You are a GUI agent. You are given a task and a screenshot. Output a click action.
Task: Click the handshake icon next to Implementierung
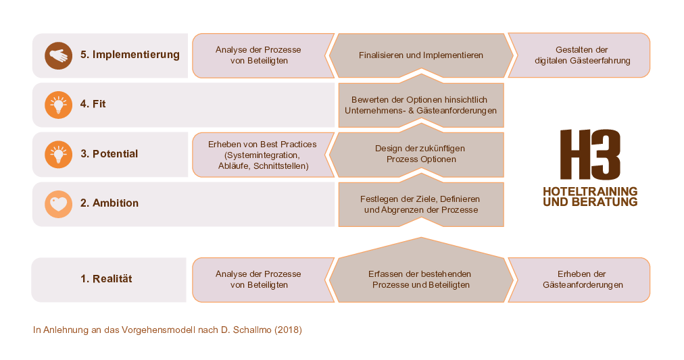coord(58,55)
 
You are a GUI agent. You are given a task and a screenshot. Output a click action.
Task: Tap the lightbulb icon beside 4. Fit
coord(58,105)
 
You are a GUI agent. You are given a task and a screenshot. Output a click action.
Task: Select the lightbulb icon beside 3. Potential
coord(58,154)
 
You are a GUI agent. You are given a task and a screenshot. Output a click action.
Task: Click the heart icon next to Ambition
coord(58,204)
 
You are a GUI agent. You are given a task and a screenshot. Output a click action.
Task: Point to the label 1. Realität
coord(106,279)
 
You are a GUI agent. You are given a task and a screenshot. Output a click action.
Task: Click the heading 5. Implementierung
coord(130,55)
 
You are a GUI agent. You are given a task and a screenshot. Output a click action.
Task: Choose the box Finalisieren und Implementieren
coord(421,55)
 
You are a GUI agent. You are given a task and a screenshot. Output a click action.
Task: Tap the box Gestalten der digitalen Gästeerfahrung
coord(579,55)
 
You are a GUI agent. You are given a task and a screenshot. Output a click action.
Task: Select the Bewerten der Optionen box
coord(421,105)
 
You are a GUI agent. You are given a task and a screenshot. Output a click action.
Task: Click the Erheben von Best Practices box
coord(263,155)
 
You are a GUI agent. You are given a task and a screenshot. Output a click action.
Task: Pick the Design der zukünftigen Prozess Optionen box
coord(419,155)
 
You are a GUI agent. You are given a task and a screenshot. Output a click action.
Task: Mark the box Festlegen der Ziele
coord(421,205)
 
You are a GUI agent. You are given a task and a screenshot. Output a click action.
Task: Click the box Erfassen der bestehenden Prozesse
coord(421,275)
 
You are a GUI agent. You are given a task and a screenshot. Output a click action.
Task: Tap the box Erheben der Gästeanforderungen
coord(579,280)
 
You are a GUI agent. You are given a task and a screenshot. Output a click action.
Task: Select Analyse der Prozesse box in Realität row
coord(263,280)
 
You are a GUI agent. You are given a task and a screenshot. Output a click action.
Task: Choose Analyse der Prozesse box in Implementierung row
coord(263,55)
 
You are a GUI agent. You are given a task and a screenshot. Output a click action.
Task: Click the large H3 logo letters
coord(590,154)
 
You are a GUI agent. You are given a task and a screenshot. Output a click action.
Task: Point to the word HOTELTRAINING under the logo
coord(590,191)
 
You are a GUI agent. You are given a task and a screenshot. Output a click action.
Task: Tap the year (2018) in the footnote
coord(288,330)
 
